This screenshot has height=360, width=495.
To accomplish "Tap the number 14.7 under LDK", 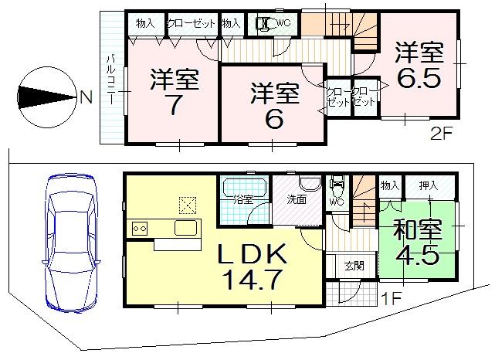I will click(x=247, y=279).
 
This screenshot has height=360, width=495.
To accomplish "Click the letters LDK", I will click(x=246, y=254).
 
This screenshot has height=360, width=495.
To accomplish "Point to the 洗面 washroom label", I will click(x=296, y=198).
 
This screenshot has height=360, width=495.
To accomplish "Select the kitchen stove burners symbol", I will click(x=140, y=228).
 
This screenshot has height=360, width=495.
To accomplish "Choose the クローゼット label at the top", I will click(x=192, y=23).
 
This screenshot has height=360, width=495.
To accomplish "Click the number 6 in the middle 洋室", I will click(x=273, y=119).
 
